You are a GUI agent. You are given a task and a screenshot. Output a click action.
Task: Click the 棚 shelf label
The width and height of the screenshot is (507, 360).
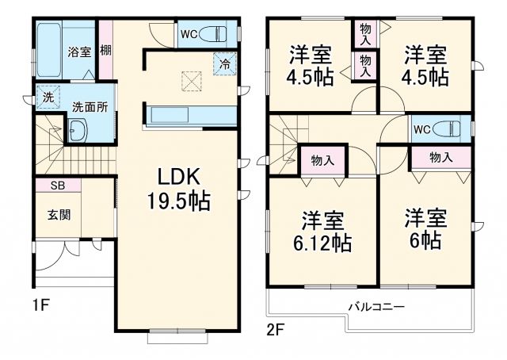105,51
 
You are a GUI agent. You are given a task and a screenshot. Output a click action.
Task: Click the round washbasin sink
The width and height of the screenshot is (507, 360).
78,131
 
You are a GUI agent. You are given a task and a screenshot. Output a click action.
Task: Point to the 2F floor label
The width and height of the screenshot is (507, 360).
275,327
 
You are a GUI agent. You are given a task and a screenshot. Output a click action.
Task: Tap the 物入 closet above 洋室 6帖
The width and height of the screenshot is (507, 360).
440,158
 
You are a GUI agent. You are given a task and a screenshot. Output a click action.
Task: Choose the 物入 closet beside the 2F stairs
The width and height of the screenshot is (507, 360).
322,159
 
